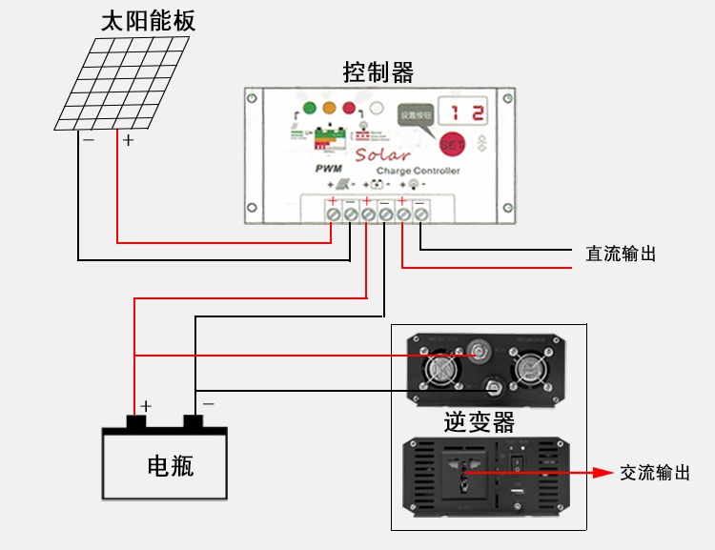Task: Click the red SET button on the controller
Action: [x=451, y=146]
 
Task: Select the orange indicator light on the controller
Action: [x=330, y=109]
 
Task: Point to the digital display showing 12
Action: [x=467, y=112]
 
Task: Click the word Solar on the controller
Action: [x=381, y=154]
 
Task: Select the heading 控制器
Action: [x=378, y=71]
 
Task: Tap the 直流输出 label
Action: [x=621, y=255]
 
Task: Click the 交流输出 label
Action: [x=654, y=473]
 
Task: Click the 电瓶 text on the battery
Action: [x=171, y=466]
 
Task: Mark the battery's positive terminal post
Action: [x=137, y=421]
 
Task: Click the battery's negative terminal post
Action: [x=194, y=421]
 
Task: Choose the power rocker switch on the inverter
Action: [x=520, y=465]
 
